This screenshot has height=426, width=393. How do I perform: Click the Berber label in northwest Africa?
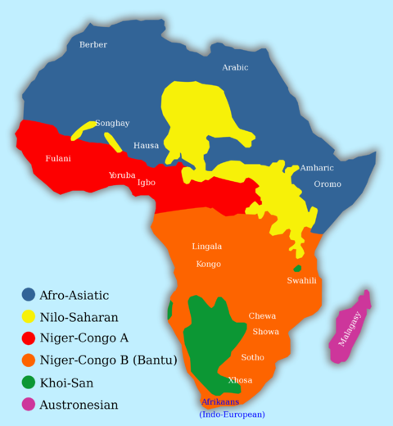(93, 45)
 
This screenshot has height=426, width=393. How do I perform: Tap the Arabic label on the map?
(235, 68)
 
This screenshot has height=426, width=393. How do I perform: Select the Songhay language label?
(112, 124)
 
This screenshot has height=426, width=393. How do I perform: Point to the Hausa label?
(147, 146)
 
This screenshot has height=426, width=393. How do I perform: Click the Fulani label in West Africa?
(58, 159)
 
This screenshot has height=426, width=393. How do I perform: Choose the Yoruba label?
(122, 175)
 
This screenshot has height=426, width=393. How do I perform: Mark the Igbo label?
(147, 183)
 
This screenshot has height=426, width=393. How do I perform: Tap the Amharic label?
(317, 168)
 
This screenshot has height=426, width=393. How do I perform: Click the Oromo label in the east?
(327, 184)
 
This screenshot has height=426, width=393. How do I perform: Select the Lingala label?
(206, 247)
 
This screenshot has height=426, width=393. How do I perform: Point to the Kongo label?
(208, 265)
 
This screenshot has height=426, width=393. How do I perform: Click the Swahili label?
(301, 281)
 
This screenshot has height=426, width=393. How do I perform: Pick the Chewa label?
(262, 316)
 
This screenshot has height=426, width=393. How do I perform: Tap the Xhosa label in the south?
(240, 381)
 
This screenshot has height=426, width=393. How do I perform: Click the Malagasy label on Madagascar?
(350, 329)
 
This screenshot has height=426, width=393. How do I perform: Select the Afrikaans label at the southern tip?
(220, 402)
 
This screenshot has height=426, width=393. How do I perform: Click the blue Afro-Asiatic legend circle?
(29, 295)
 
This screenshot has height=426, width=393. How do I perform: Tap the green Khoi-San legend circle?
(29, 383)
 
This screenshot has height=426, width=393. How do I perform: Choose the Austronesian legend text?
(79, 405)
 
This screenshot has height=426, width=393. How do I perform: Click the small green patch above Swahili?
(297, 269)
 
